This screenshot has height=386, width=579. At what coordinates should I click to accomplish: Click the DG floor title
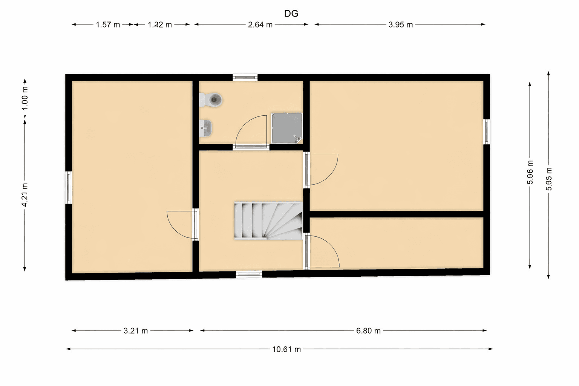click(x=291, y=14)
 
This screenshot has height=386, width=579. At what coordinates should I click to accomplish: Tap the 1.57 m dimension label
click(x=108, y=25)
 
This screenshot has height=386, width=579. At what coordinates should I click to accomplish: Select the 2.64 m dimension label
click(x=260, y=25)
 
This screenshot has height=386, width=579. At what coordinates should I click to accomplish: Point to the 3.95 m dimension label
click(x=400, y=25)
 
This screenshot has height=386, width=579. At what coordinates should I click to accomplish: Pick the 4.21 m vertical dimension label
click(x=25, y=195)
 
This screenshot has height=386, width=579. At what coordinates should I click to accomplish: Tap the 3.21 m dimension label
click(x=136, y=331)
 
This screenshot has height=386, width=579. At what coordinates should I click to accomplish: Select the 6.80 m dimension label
click(x=368, y=331)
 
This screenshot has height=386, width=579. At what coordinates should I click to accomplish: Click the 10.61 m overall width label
click(x=286, y=349)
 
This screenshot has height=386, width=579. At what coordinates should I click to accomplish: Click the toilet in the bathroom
click(x=212, y=100)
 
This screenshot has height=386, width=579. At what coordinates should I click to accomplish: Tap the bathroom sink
click(x=205, y=128)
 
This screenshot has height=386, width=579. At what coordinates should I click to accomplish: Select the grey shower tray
click(x=286, y=128)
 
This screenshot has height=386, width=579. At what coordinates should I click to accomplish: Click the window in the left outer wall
click(x=69, y=187)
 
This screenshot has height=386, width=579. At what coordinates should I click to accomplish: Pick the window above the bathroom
click(x=245, y=78)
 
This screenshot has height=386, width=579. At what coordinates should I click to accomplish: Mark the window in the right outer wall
click(x=487, y=132)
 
